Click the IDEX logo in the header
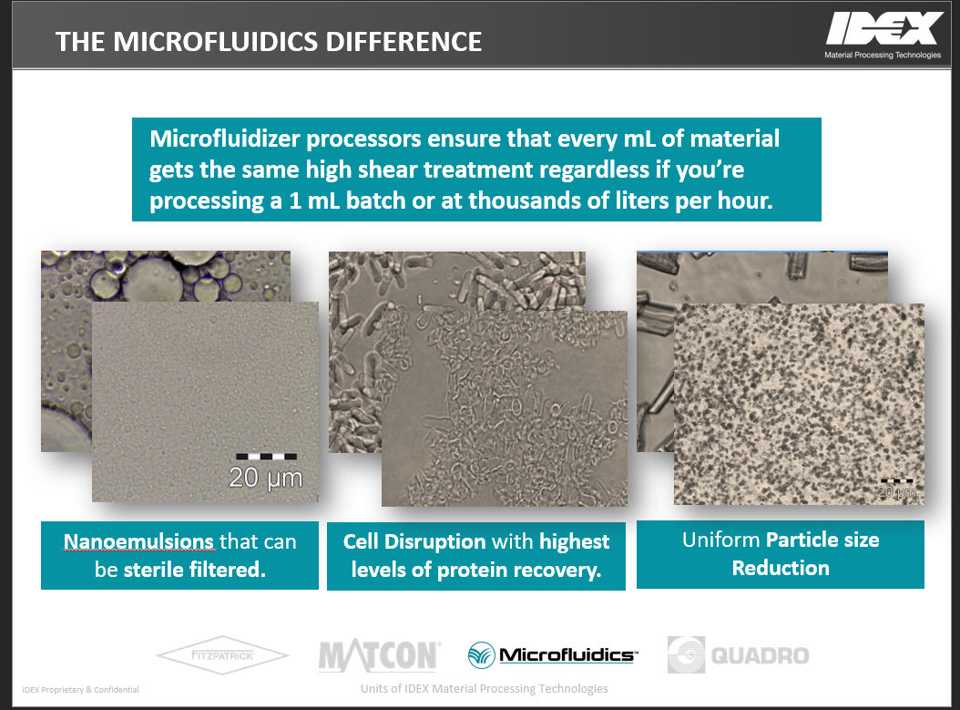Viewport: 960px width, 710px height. coord(883,29)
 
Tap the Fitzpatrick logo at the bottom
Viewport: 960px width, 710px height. coord(222,655)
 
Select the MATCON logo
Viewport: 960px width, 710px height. coord(379,655)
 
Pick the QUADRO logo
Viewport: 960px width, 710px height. coord(738,654)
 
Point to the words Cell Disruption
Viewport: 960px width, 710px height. coord(415,541)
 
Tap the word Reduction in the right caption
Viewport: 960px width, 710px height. coord(781,568)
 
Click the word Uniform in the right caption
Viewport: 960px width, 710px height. coord(721,540)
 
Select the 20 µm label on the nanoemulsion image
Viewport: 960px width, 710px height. coord(265,478)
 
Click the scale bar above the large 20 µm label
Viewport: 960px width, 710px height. coord(266,456)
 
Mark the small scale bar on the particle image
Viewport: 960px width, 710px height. coord(896,480)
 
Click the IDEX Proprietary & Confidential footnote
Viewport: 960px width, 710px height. coord(81,690)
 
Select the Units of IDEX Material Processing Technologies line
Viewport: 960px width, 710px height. coord(484,688)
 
